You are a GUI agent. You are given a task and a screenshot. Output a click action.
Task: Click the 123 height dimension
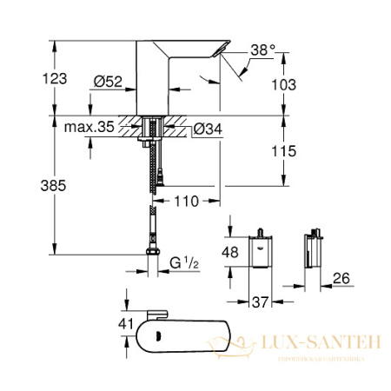pyautogui.click(x=54, y=78)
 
